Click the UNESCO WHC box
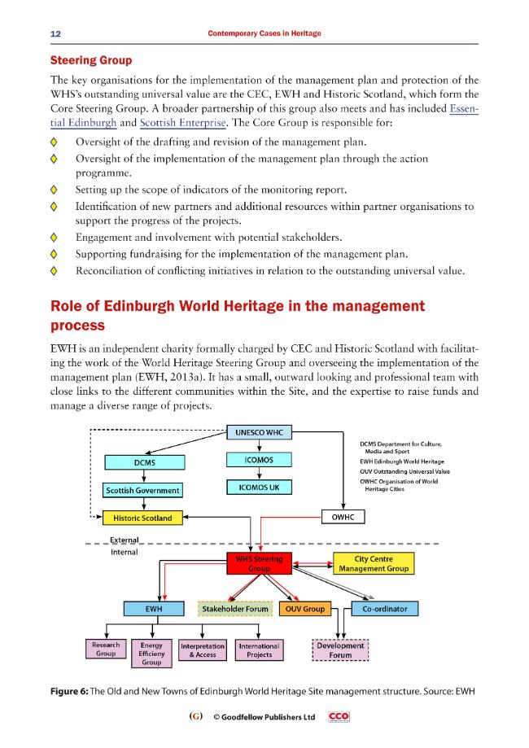259,433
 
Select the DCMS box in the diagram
145,462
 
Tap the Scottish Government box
142,491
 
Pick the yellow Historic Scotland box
142,518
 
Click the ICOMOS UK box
259,488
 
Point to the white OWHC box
343,517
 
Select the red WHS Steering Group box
259,563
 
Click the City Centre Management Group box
374,563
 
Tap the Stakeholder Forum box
235,609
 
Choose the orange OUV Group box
305,609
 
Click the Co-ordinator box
384,609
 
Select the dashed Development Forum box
340,650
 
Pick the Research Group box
106,650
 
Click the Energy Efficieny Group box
151,654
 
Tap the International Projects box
260,650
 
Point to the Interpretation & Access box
203,650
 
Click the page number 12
56,33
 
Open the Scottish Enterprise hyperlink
182,123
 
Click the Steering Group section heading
91,60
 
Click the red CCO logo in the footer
339,716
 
